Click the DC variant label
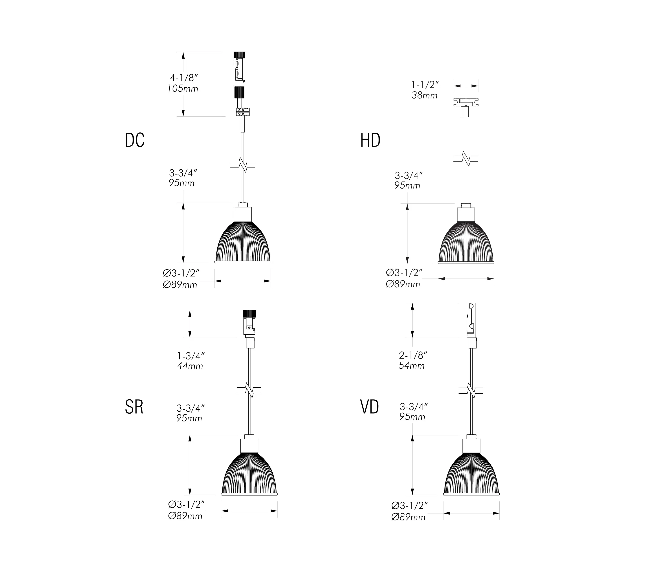(134, 140)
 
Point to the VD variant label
(370, 407)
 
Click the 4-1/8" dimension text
(184, 78)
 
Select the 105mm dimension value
(183, 88)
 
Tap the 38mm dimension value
(424, 95)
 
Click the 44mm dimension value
(190, 366)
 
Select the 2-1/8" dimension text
(412, 355)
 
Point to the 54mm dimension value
(412, 366)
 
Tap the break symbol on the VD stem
(471, 390)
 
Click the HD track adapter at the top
(466, 103)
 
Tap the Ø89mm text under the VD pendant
(408, 517)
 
